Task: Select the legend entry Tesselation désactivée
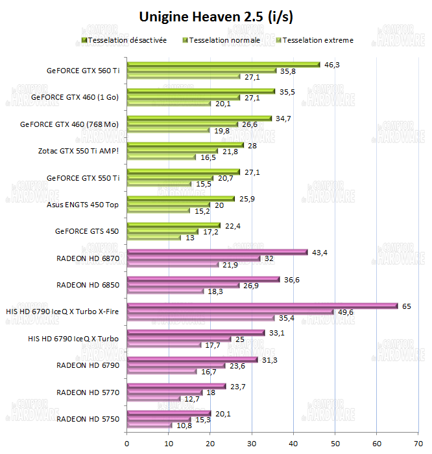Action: tap(127, 40)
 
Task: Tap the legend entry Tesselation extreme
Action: tap(318, 40)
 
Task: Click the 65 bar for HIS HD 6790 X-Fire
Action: tap(262, 306)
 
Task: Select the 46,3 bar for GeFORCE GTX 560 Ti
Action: tap(223, 64)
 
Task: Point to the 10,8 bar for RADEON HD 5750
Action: tap(149, 426)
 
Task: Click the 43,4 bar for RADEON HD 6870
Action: tap(217, 252)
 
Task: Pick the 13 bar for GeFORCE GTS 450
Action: tap(154, 238)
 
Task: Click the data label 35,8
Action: tap(288, 71)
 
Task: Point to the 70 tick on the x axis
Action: tap(418, 444)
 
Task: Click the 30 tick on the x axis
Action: tap(252, 444)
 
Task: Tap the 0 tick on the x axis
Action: tap(127, 444)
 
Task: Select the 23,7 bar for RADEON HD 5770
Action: tap(176, 386)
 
